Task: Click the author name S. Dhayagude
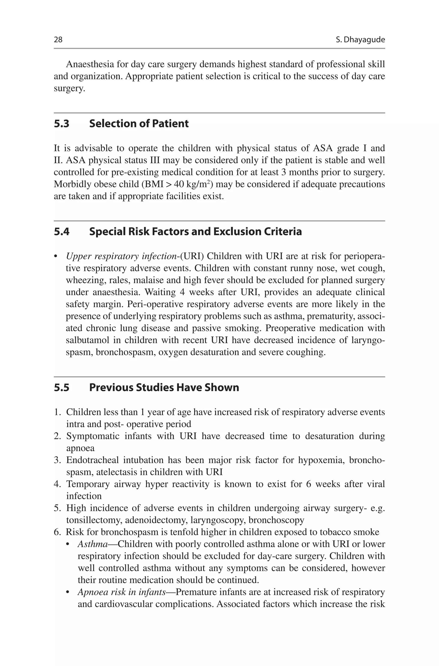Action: point(360,40)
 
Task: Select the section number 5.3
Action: point(62,124)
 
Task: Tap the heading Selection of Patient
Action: point(139,124)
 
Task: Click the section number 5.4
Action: point(62,232)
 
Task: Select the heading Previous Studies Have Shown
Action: point(164,387)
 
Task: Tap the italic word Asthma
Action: point(93,544)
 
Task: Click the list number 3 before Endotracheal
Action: point(57,460)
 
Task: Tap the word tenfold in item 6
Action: point(184,532)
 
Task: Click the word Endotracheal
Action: point(92,460)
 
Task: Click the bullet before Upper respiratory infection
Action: point(56,257)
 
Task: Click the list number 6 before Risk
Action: point(57,532)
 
